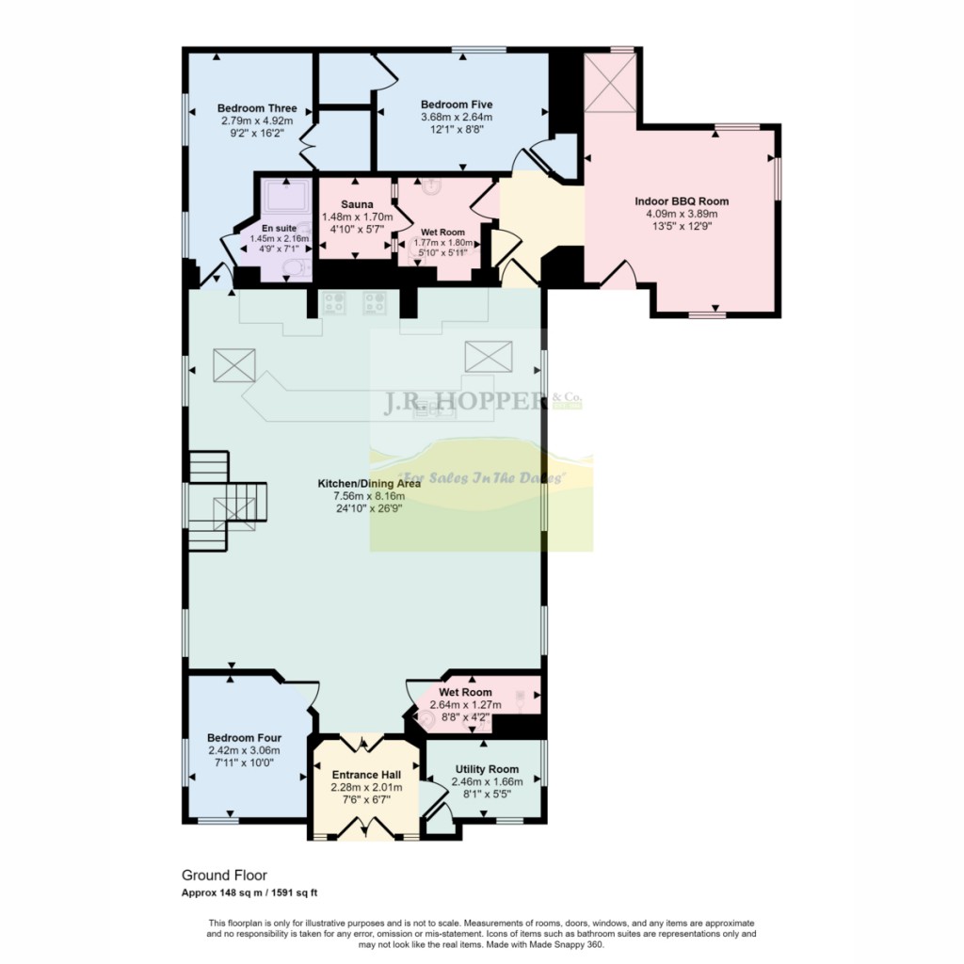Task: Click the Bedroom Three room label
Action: point(257,108)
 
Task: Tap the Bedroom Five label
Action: point(457,104)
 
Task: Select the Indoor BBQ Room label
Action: point(682,201)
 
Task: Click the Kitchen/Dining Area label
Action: point(362,483)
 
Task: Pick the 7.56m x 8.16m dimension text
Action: point(362,496)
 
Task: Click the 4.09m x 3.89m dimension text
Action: point(682,214)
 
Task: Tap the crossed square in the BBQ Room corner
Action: point(610,84)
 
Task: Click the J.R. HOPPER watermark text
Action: point(461,402)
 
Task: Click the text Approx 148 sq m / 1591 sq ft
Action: point(254,892)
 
